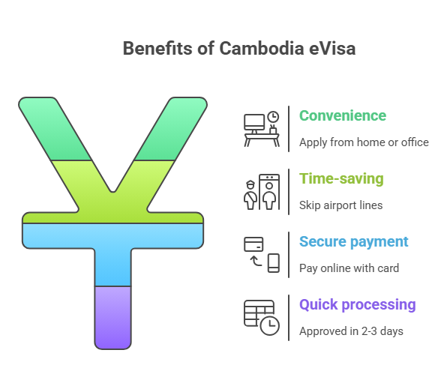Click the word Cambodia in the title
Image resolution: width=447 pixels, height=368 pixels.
point(262,49)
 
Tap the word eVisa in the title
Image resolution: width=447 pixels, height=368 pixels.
point(332,49)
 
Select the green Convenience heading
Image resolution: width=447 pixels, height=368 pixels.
point(343,115)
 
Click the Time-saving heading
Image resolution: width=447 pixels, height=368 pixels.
point(341,179)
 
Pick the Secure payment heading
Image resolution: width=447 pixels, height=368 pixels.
point(353,242)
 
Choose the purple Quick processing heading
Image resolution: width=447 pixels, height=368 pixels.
point(358,305)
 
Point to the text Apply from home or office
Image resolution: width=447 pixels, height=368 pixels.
point(364,142)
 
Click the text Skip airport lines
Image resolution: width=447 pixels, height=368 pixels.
point(340,205)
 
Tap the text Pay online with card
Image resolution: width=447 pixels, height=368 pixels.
point(349,268)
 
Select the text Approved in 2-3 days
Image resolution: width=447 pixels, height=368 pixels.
point(351,331)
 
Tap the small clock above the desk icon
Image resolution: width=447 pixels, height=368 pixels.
point(273,117)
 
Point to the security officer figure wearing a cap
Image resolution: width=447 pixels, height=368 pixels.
point(250,195)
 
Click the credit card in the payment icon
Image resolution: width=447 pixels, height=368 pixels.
point(253,244)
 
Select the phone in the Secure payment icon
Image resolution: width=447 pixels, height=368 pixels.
point(274,263)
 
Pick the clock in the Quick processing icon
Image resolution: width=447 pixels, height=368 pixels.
point(270,325)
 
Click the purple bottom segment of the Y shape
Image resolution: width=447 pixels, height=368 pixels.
point(113,318)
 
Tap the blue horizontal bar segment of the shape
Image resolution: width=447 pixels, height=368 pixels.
point(113,236)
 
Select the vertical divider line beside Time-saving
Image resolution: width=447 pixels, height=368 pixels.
point(289,192)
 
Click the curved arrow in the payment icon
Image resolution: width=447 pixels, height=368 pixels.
point(256,261)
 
